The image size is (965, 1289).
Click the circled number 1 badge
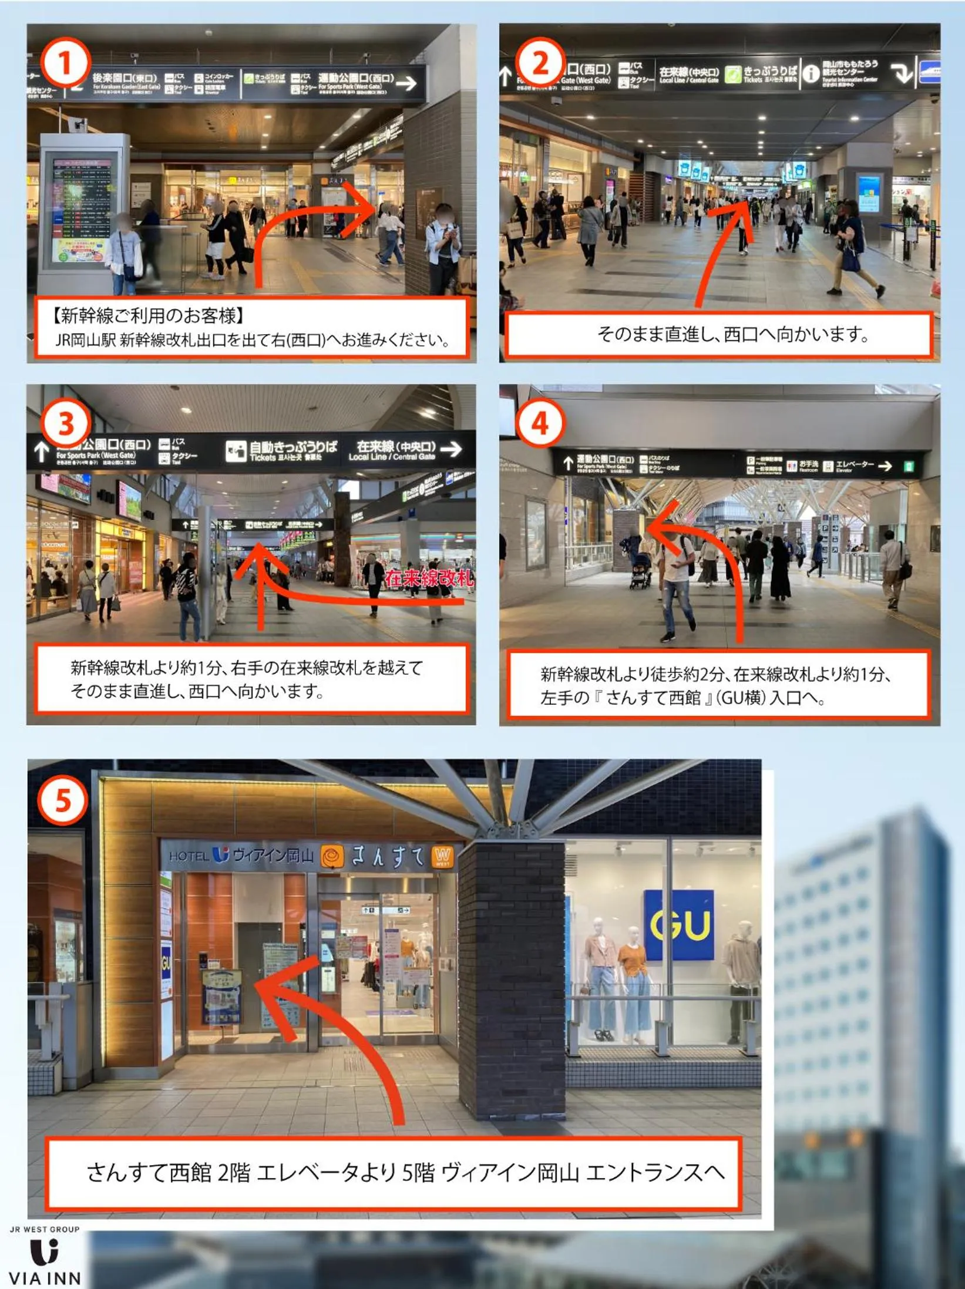click(x=65, y=63)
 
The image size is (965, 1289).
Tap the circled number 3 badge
click(x=65, y=423)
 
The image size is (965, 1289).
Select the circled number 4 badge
click(x=540, y=423)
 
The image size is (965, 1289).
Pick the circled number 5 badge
click(x=63, y=800)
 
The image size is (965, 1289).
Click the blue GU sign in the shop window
click(x=680, y=925)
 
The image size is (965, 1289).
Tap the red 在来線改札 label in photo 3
click(x=429, y=578)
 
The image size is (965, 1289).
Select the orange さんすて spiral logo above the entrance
click(x=332, y=857)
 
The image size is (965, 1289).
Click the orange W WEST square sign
click(x=442, y=856)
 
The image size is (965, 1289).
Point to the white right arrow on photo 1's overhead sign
click(x=406, y=83)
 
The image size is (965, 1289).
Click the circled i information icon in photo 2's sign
click(x=811, y=74)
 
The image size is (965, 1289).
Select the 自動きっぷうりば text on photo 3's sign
click(x=293, y=447)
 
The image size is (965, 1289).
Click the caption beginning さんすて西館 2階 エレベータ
click(x=405, y=1172)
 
